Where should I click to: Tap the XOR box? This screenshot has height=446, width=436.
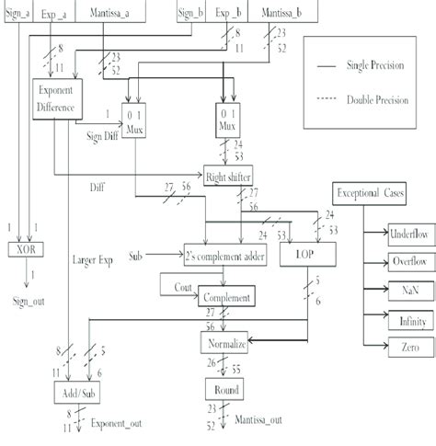tap(25, 249)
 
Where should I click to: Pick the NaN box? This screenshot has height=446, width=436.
tap(384, 291)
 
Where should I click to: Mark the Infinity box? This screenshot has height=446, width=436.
tap(384, 321)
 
